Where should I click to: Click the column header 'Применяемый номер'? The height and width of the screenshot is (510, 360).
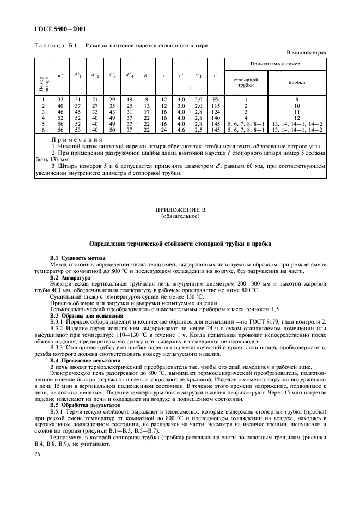[x=274, y=64]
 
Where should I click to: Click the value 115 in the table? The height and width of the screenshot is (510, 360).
[x=215, y=105]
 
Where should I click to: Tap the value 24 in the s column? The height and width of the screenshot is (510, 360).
[x=164, y=130]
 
